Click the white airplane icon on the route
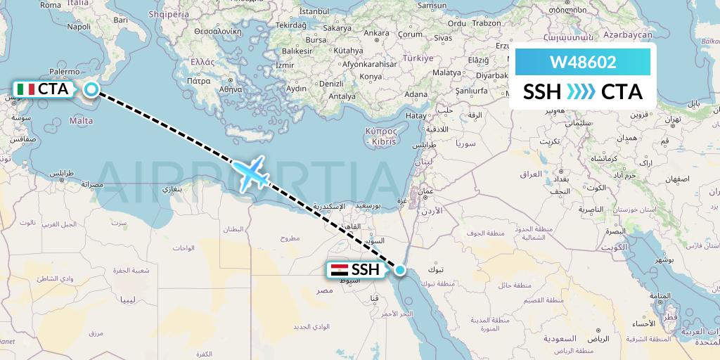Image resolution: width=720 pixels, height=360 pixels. [250, 172]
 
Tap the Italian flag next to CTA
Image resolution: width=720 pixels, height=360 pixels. [26, 89]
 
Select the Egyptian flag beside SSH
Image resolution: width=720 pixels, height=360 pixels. [338, 269]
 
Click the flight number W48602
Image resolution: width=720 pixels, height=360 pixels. [583, 62]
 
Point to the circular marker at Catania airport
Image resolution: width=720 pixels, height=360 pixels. [91, 89]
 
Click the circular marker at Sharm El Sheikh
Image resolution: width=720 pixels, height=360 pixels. [400, 269]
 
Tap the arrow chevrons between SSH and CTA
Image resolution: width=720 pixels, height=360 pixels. [581, 92]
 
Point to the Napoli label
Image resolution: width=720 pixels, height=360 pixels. [79, 27]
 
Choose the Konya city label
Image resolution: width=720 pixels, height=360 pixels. [371, 76]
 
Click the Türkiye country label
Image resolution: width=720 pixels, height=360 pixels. [418, 58]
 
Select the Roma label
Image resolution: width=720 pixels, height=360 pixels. [50, 4]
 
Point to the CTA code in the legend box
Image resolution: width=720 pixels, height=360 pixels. [622, 92]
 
